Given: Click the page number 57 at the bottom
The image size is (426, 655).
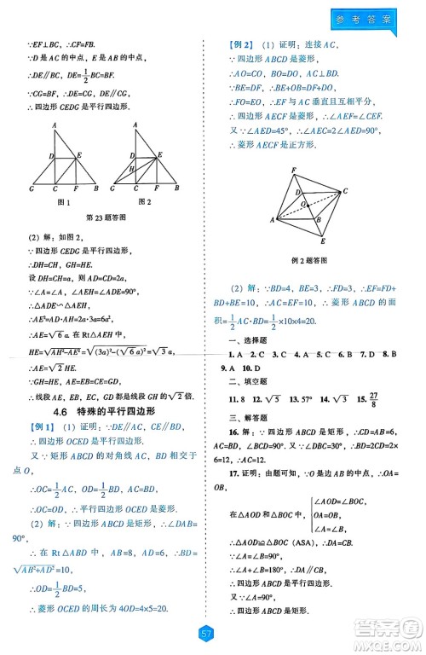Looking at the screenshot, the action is pyautogui.click(x=204, y=633).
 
